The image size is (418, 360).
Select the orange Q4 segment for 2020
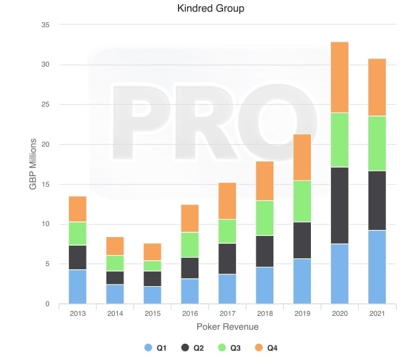click(339, 77)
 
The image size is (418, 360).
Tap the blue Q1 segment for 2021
click(377, 267)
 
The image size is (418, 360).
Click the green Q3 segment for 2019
click(302, 201)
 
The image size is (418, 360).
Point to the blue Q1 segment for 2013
click(77, 286)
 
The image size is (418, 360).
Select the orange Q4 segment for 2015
click(152, 252)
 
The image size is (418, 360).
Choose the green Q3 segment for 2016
click(190, 244)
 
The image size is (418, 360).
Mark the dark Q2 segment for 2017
click(227, 258)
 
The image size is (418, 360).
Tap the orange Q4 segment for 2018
click(265, 180)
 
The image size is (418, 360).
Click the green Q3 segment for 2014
click(115, 263)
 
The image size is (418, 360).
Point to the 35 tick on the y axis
click(45, 25)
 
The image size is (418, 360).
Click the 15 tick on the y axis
click(45, 185)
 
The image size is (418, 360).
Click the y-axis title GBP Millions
click(33, 164)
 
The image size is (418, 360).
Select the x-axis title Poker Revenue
click(227, 327)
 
